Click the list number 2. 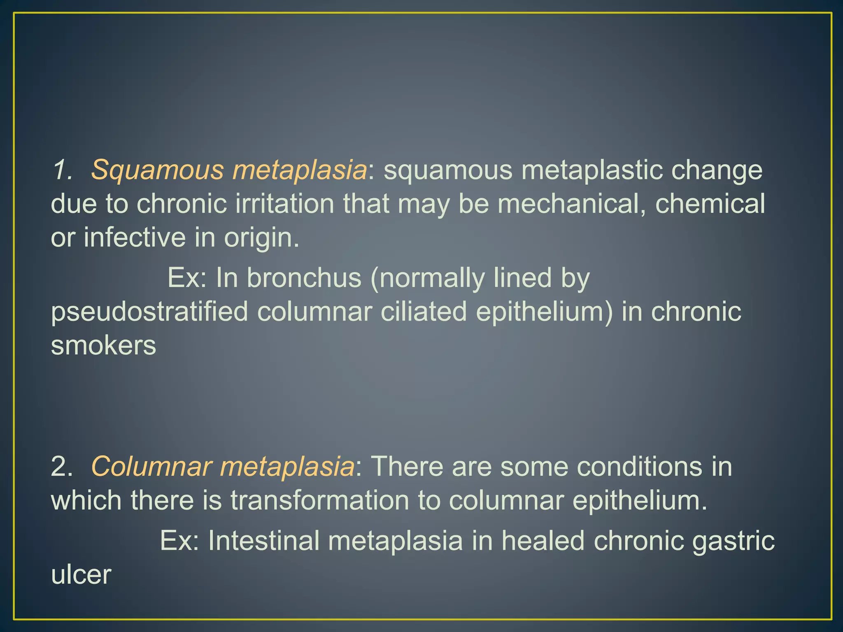61,467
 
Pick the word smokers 103,345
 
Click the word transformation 319,500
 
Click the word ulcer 81,574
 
